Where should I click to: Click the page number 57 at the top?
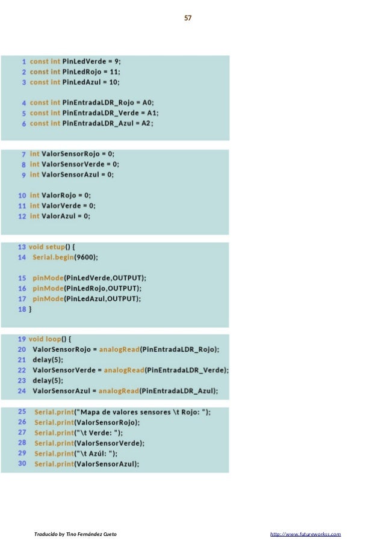pos(188,18)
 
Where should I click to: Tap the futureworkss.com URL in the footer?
pos(306,534)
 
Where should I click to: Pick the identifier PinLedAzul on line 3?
pos(82,82)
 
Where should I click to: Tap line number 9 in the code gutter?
pos(23,174)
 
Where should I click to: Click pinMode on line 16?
pos(47,288)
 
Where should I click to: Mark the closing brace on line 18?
pos(30,309)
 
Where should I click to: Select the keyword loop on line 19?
pos(56,339)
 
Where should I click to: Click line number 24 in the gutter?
pos(22,391)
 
